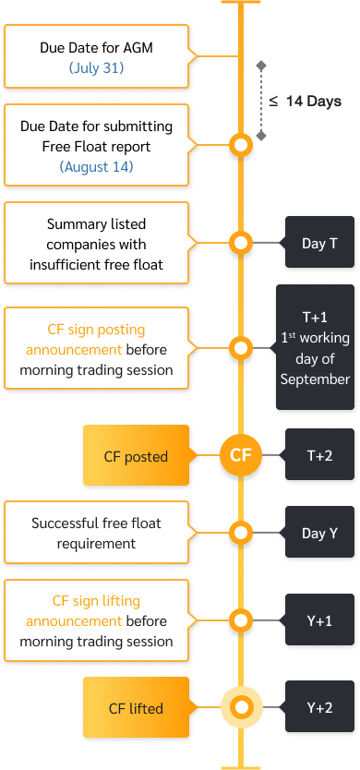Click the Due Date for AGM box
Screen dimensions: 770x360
96,56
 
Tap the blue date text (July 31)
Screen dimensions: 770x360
96,68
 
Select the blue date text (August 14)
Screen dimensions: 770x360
96,167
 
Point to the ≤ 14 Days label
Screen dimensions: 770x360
306,102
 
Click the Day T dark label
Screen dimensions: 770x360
319,244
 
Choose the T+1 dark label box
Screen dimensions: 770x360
315,348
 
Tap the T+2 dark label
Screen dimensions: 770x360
319,455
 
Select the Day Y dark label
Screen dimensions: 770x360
319,534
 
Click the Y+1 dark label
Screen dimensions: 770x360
319,621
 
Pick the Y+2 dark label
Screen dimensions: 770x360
319,708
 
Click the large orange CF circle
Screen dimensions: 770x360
240,455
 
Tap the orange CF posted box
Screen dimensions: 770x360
136,456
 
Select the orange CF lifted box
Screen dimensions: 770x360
136,709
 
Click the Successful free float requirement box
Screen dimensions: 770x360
96,533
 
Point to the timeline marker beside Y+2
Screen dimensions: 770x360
241,708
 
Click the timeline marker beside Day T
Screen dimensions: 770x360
241,244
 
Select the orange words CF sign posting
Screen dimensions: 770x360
96,329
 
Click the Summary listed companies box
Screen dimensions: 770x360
96,245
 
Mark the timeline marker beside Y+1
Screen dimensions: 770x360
241,620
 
